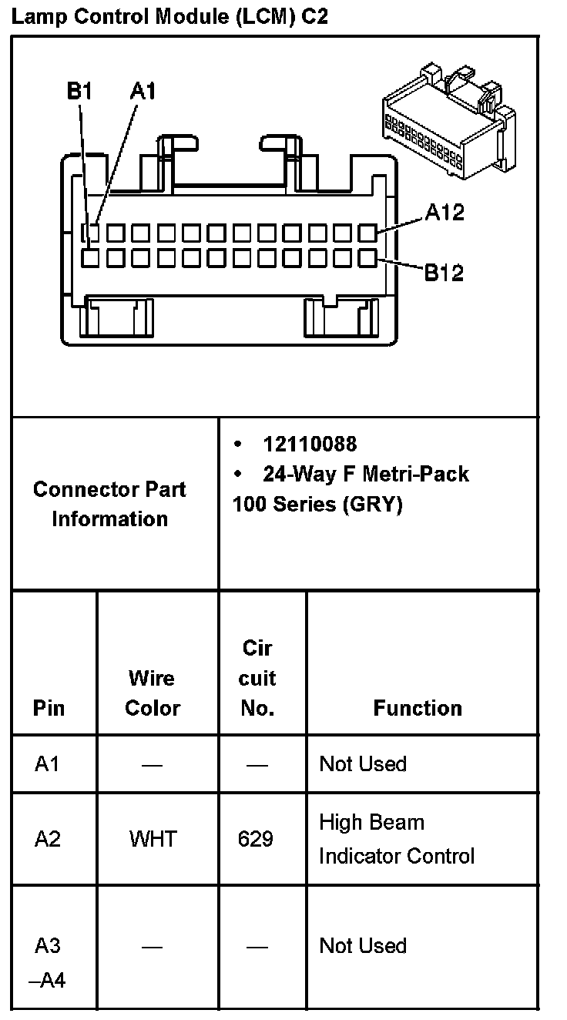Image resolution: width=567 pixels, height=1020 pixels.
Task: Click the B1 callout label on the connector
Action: click(x=79, y=92)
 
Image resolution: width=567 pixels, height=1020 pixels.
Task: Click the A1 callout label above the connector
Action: click(x=143, y=92)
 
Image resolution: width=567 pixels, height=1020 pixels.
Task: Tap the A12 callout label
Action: click(x=445, y=213)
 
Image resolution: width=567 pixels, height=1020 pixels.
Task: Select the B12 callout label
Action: click(x=445, y=273)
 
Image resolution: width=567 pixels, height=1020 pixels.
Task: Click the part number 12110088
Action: click(x=310, y=445)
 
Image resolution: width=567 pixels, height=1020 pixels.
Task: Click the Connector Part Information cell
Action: click(x=109, y=504)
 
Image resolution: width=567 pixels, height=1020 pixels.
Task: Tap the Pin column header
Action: click(x=49, y=708)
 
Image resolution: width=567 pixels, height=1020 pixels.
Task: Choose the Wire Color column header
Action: click(x=153, y=693)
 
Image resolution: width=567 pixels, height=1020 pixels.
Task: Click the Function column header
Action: click(x=418, y=708)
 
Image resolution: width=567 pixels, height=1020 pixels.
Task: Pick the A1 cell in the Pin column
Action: click(x=47, y=764)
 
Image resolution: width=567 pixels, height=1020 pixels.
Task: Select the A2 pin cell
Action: click(x=47, y=838)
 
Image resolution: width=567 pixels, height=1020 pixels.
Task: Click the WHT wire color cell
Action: click(x=153, y=838)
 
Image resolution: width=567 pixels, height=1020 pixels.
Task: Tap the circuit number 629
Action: click(x=256, y=838)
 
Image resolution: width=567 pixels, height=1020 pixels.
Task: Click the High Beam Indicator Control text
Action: click(x=397, y=839)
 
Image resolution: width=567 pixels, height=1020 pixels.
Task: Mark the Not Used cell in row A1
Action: click(x=363, y=764)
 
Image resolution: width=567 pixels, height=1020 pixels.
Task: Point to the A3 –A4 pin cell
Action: click(x=47, y=963)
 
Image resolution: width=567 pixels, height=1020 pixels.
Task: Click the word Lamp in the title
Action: click(x=36, y=16)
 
